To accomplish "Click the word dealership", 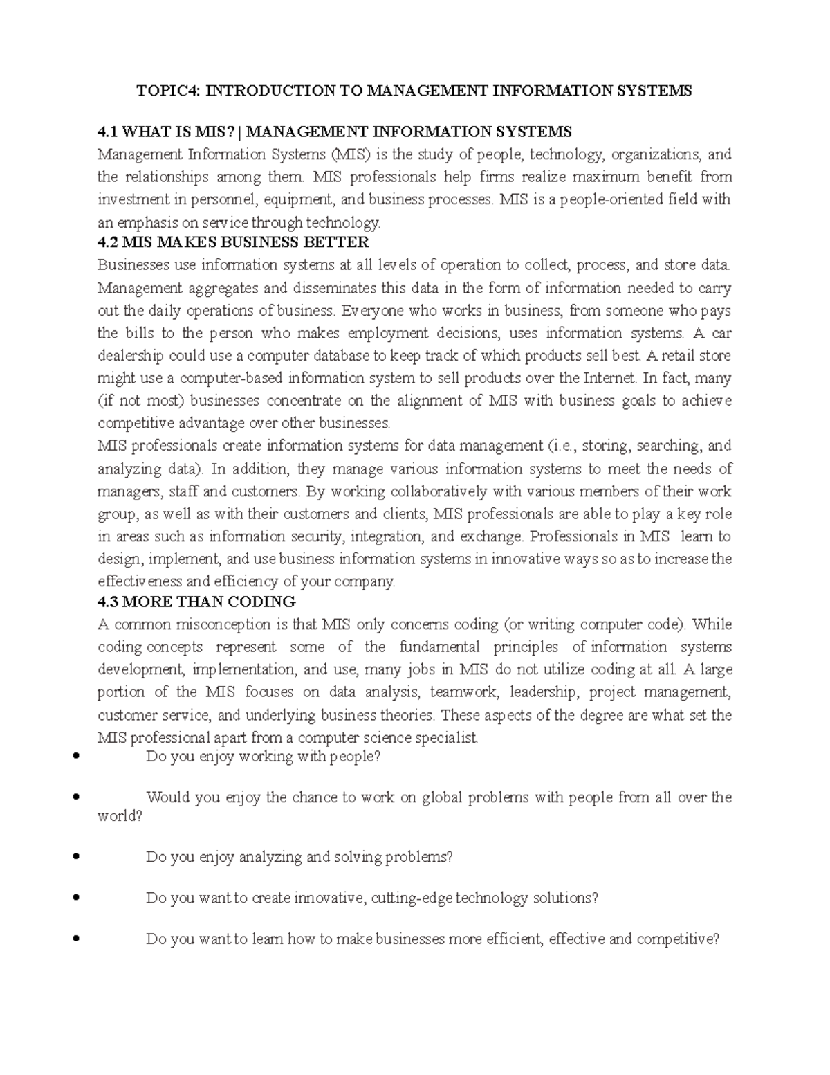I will click(131, 356).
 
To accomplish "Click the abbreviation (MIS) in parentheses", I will click(351, 154).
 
